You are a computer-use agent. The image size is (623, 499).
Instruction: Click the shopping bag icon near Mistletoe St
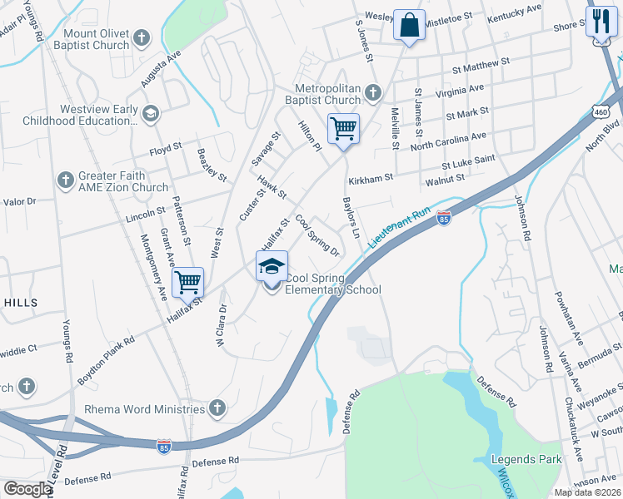pyautogui.click(x=409, y=24)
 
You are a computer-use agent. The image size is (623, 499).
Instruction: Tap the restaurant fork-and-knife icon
pyautogui.click(x=599, y=20)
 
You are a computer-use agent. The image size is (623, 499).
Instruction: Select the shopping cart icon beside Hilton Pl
pyautogui.click(x=343, y=129)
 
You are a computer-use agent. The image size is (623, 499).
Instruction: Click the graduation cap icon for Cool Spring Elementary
pyautogui.click(x=271, y=267)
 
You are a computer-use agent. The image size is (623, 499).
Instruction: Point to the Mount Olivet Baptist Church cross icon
pyautogui.click(x=142, y=38)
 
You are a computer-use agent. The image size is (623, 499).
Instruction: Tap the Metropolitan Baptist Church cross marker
pyautogui.click(x=373, y=91)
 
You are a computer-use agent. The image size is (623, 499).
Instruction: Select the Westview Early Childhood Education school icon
pyautogui.click(x=150, y=113)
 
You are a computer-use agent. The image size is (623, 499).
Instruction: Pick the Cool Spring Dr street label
pyautogui.click(x=317, y=237)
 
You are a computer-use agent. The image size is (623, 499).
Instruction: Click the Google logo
pyautogui.click(x=27, y=489)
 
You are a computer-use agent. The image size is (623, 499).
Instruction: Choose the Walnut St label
pyautogui.click(x=444, y=178)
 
